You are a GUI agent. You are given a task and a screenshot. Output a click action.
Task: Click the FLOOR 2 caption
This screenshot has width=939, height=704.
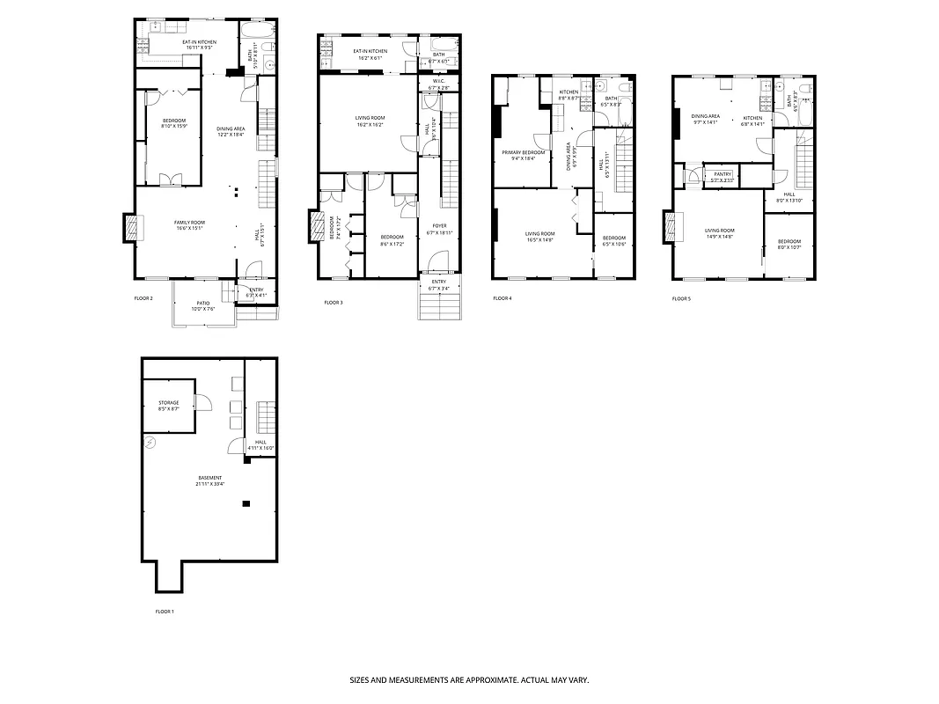click(x=143, y=298)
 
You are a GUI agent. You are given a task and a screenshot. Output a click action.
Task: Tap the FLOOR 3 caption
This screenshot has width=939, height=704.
click(x=333, y=303)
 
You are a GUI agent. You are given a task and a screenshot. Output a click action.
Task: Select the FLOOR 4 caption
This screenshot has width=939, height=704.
click(x=502, y=298)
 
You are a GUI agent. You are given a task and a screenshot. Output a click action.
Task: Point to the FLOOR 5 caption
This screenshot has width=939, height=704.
click(x=681, y=299)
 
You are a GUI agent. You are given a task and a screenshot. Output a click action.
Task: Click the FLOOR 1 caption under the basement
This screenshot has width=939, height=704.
click(x=165, y=612)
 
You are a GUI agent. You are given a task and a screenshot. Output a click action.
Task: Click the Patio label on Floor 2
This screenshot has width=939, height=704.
click(x=203, y=305)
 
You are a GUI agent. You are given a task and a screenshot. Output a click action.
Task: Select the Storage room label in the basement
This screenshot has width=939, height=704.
click(x=168, y=406)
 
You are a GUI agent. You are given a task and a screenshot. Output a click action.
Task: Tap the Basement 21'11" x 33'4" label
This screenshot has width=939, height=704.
click(x=209, y=480)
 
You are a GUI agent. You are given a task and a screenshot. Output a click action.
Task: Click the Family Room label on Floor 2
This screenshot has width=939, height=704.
click(x=189, y=225)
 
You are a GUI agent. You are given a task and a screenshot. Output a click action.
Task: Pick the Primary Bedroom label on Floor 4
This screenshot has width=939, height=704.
click(x=524, y=155)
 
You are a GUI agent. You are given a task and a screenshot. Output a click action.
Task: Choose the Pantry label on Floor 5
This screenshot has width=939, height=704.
click(x=723, y=177)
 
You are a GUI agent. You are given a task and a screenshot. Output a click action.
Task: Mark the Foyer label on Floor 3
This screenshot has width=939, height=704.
click(x=439, y=229)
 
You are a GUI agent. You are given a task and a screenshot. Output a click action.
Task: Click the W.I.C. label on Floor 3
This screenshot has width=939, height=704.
click(x=438, y=85)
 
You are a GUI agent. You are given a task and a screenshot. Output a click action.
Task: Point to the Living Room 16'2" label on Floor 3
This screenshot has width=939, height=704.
click(x=370, y=121)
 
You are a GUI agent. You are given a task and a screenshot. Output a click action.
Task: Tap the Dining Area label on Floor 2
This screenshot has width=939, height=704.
click(x=231, y=132)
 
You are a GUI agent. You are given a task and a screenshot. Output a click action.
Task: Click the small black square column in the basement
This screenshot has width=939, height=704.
click(x=246, y=503)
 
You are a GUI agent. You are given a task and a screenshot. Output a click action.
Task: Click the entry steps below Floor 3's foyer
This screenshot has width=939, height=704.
click(x=438, y=305)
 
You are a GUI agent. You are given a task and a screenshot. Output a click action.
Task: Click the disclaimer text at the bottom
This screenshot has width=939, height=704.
click(x=469, y=680)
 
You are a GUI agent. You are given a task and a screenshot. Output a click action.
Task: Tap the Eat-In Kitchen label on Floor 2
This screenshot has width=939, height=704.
click(x=198, y=44)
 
